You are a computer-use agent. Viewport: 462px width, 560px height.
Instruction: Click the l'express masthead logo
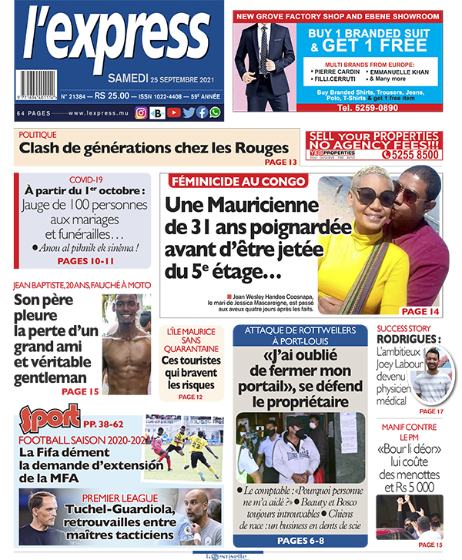pyautogui.click(x=115, y=39)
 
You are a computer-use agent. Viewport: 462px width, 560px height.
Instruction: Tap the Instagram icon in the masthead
pyautogui.click(x=141, y=112)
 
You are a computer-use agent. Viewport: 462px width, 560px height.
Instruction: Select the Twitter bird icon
pyautogui.click(x=188, y=112)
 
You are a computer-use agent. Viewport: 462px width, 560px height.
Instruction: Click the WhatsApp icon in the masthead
pyautogui.click(x=215, y=112)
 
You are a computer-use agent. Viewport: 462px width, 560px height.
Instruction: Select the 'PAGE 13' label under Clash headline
pyautogui.click(x=280, y=162)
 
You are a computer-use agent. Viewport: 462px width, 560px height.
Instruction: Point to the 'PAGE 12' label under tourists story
pyautogui.click(x=190, y=397)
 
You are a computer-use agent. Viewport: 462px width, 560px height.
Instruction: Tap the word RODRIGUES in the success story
pyautogui.click(x=407, y=340)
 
